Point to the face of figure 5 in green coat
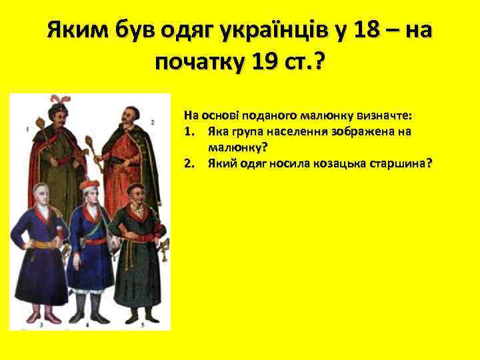pyautogui.click(x=137, y=198)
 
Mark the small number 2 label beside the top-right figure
pyautogui.click(x=153, y=122)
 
